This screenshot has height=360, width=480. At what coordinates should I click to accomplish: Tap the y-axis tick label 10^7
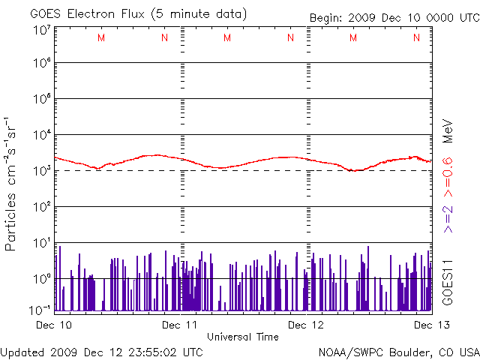coord(42,30)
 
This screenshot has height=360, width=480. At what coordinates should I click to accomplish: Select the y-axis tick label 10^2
coord(42,207)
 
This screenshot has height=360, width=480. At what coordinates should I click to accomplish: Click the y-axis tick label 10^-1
coord(40,309)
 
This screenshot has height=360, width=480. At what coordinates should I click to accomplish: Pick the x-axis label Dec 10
coord(55,325)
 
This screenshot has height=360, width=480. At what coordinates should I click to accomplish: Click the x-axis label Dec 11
coord(181,325)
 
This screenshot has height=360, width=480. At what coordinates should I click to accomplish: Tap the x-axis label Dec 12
coord(308,325)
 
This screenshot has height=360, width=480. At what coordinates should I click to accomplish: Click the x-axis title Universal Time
coord(243,337)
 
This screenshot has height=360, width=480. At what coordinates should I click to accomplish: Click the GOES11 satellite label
coord(447,281)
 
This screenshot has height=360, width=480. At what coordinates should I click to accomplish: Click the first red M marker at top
coord(101,38)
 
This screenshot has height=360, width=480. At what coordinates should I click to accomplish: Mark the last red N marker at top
coord(416,38)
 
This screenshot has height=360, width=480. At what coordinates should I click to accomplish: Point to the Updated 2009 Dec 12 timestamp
coord(101,351)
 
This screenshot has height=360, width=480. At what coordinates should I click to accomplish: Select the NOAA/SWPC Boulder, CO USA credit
coord(398,351)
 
